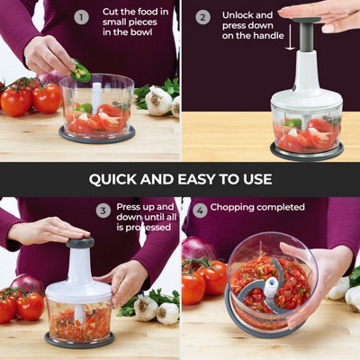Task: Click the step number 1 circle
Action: (81, 16)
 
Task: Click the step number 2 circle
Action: (202, 16)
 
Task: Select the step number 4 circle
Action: (200, 209)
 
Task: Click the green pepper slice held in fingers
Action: (82, 70)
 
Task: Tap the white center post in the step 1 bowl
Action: (96, 95)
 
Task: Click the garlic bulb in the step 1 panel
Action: (158, 100)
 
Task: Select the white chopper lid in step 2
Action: (306, 90)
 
